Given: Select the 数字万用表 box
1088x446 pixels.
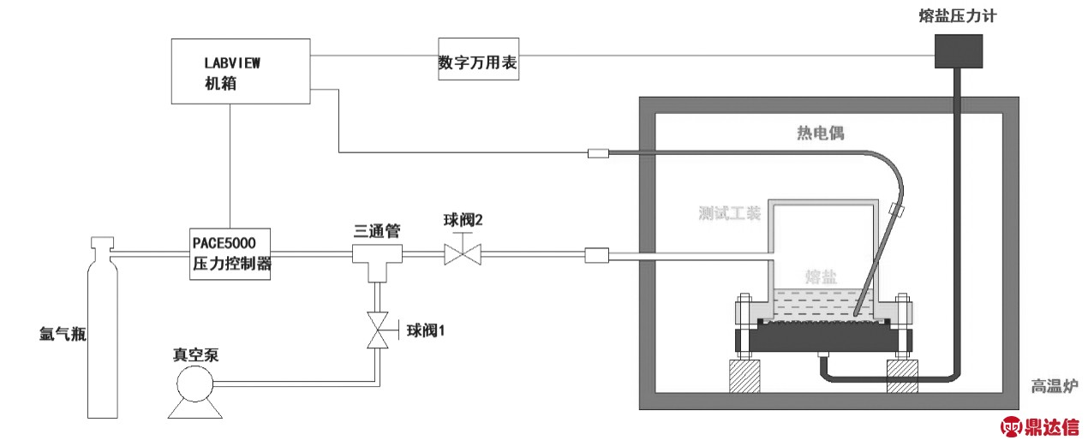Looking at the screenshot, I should (x=479, y=60).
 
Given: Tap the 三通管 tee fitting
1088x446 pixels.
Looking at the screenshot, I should (x=376, y=258).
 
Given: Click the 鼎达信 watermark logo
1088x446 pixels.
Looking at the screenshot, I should (x=1040, y=425).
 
